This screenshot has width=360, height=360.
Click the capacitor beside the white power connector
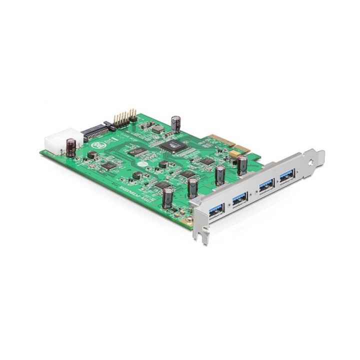click(73, 146)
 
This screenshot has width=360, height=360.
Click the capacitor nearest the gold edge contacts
click(242, 165)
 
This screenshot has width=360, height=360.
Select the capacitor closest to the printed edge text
click(169, 196)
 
